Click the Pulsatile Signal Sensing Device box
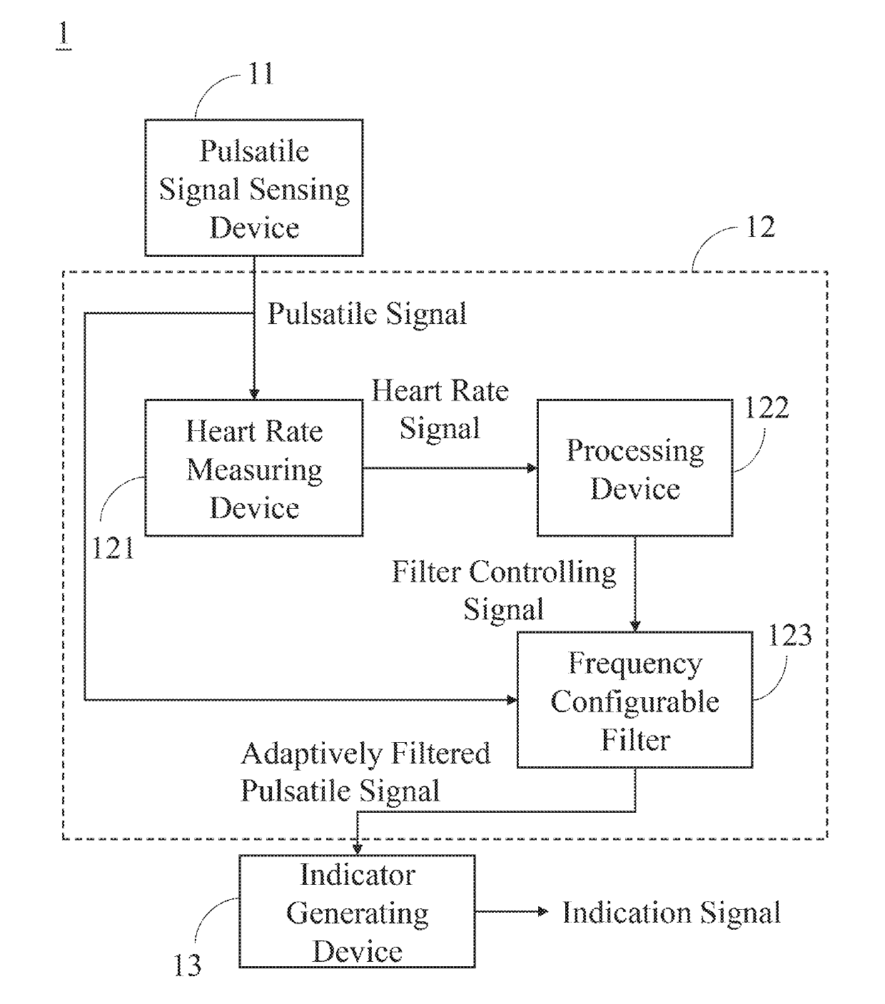coord(254,188)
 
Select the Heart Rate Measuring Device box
coord(254,468)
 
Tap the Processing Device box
coord(634,468)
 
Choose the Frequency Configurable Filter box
coord(634,700)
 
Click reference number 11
coord(261,74)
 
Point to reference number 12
coord(761,228)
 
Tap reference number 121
coord(113,548)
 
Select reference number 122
coord(767,408)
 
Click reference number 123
coord(790,635)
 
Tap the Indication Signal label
coord(672,913)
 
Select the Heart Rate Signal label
coord(440,409)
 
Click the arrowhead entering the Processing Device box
coord(532,468)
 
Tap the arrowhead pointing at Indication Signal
coord(543,911)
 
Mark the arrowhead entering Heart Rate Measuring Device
coord(254,394)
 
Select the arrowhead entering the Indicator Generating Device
coord(357,849)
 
